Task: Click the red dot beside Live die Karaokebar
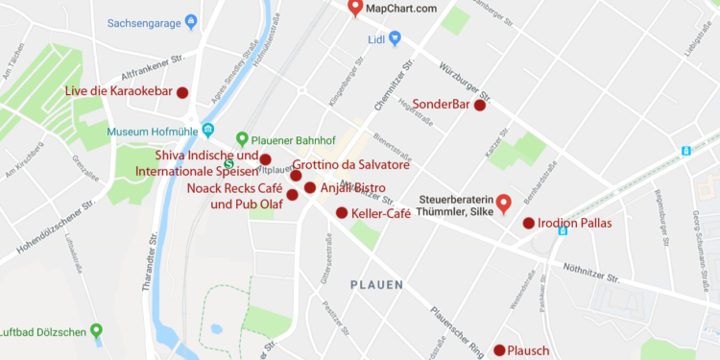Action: [x=182, y=92]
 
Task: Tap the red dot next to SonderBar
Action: [x=480, y=106]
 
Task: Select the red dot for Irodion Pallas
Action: [x=528, y=224]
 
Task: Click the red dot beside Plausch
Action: [x=499, y=350]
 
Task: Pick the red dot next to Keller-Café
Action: [x=342, y=212]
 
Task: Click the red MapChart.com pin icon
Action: [x=355, y=9]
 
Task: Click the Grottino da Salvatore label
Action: [x=351, y=164]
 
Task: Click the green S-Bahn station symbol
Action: [x=228, y=162]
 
